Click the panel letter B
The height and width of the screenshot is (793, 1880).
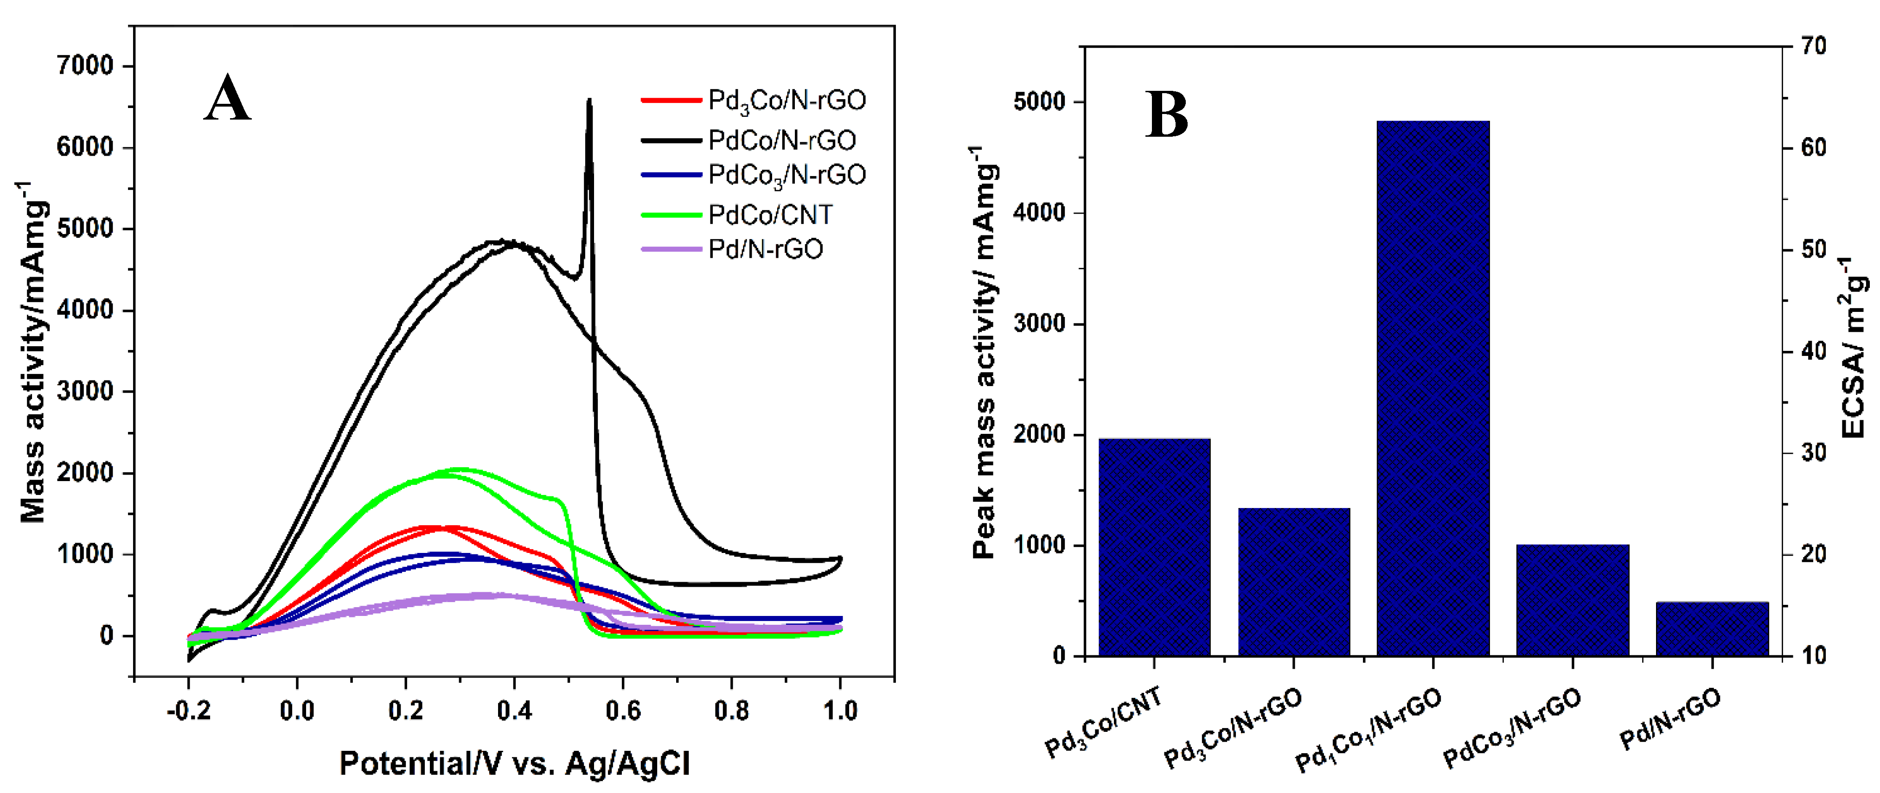click(x=1166, y=115)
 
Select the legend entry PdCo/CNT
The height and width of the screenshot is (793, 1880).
click(x=770, y=215)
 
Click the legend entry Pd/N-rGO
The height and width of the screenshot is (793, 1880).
click(x=765, y=249)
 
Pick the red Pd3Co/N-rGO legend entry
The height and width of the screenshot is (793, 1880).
click(x=786, y=101)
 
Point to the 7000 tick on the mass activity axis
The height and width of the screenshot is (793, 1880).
click(x=85, y=66)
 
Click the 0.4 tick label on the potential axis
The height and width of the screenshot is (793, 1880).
click(x=514, y=711)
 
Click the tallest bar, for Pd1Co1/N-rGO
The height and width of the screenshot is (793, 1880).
click(x=1432, y=387)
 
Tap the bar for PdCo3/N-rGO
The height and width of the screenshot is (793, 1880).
click(x=1573, y=600)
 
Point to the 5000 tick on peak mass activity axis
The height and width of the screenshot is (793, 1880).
click(x=1039, y=102)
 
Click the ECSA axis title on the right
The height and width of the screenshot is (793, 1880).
click(x=1853, y=348)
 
